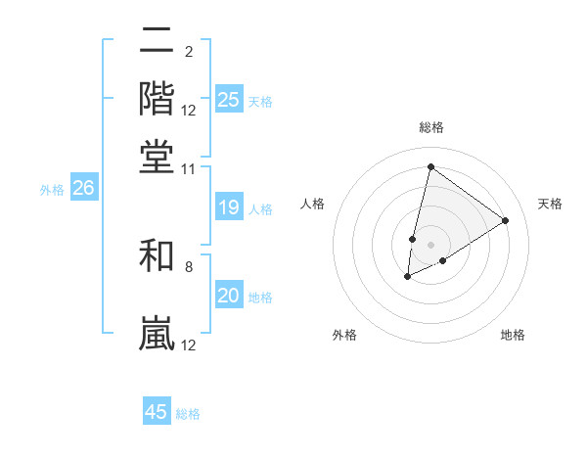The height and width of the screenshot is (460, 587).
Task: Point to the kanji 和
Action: point(158,256)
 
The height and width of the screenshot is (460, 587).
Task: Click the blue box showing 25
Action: point(229,100)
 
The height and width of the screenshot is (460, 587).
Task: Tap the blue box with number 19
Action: point(229,207)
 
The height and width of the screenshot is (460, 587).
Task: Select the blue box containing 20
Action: point(229,296)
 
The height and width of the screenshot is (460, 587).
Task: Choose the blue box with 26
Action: point(83,189)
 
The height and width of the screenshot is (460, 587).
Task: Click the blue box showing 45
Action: point(157,412)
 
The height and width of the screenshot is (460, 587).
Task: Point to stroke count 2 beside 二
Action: point(188,51)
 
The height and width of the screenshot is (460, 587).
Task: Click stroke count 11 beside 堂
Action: point(189,169)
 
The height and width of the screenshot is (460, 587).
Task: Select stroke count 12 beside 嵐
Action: point(189,345)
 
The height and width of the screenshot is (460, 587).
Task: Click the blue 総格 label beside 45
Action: point(188,414)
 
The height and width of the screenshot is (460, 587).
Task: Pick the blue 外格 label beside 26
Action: point(52,190)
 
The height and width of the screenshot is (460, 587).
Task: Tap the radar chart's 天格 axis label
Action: point(550,204)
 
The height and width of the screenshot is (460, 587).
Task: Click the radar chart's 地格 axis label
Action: point(513,336)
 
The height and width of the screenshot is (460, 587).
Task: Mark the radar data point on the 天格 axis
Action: point(505,220)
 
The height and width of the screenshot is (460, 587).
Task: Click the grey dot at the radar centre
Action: point(430,245)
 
